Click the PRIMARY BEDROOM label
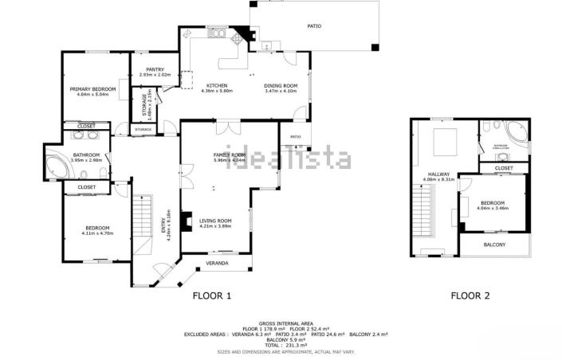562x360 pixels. (93, 88)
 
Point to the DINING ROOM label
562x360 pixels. (281, 85)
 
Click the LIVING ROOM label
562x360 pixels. (215, 221)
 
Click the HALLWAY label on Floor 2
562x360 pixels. (438, 174)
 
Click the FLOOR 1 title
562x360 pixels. (212, 296)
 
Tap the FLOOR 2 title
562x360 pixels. (470, 296)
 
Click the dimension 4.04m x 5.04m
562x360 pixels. (93, 94)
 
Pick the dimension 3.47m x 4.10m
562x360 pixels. (281, 91)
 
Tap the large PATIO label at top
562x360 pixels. (314, 26)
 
